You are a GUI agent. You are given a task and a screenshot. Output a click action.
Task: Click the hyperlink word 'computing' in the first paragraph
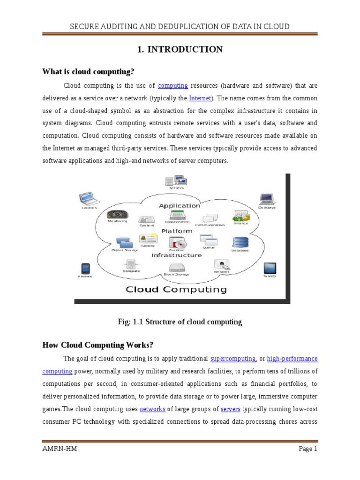[x=173, y=86]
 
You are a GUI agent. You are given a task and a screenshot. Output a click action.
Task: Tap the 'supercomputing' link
[x=233, y=359]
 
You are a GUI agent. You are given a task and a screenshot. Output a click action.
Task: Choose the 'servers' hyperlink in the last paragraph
[x=230, y=409]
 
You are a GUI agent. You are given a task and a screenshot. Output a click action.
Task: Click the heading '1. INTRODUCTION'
[x=180, y=50]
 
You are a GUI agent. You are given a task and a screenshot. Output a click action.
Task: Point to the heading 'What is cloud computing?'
[x=88, y=71]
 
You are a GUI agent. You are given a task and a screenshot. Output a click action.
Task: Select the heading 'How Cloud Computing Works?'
[x=98, y=345]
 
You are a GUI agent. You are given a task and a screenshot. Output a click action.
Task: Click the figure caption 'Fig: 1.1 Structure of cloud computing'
[x=180, y=322]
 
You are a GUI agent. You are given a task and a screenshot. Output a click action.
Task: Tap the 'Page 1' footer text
[x=308, y=449]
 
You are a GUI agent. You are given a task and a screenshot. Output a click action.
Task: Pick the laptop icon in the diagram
[x=88, y=198]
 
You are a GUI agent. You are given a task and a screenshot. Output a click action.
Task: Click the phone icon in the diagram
[x=85, y=269]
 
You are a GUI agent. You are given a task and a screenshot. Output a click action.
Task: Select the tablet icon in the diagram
[x=269, y=268]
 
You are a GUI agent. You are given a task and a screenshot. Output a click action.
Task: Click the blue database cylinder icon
[x=240, y=242]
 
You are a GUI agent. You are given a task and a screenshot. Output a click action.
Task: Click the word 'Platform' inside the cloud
[x=177, y=231]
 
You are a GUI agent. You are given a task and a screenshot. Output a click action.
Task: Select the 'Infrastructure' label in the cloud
[x=176, y=255]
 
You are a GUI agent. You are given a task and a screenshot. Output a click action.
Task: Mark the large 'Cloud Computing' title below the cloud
[x=176, y=290]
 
